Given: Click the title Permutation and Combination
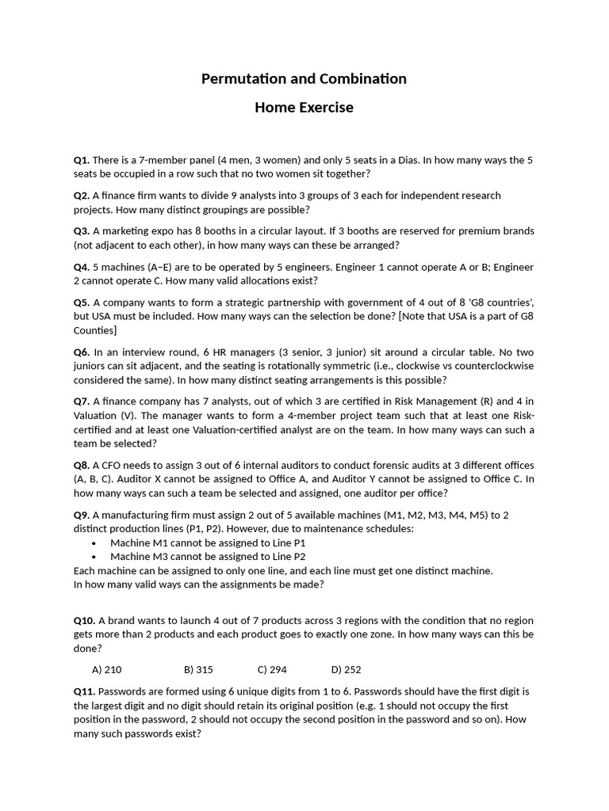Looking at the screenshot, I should coord(304,78).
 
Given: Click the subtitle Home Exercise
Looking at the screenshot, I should coord(304,107).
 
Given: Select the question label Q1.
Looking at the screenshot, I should coord(82,160).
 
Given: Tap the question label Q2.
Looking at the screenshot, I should coord(82,196).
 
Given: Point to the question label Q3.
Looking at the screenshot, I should coord(82,231).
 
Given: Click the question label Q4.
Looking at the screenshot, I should coord(82,267).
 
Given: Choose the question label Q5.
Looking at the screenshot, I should coord(82,303).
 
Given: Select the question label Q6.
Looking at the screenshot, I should coord(82,352).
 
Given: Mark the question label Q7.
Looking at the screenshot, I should coord(82,402).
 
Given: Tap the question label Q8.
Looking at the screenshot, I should coord(82,465).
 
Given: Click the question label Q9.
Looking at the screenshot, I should coord(82,515).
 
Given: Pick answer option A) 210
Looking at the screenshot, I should coord(107,669).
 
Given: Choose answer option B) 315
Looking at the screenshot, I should coord(198,669).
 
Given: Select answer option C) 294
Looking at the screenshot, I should coord(272,669).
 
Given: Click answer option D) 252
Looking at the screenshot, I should coord(346,669).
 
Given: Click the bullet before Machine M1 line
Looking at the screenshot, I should coord(94,543).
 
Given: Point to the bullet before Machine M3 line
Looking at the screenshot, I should coord(94,557).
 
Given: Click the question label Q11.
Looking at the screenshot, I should coord(84,691).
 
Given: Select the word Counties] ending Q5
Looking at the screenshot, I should coord(95,330).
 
